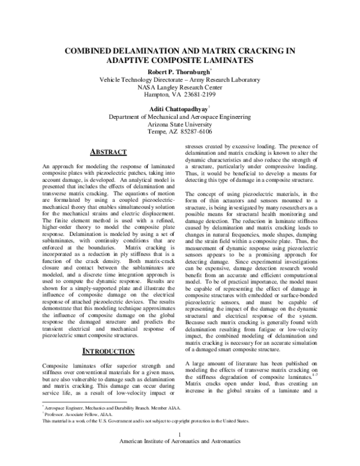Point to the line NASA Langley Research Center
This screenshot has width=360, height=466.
coord(180,87)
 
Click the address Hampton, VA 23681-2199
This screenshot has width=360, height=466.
coord(180,95)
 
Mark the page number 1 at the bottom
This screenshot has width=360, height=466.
coord(180,450)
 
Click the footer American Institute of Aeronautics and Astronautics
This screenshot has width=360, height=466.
coord(180,458)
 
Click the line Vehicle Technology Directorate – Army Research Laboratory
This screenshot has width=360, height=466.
coord(180,79)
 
